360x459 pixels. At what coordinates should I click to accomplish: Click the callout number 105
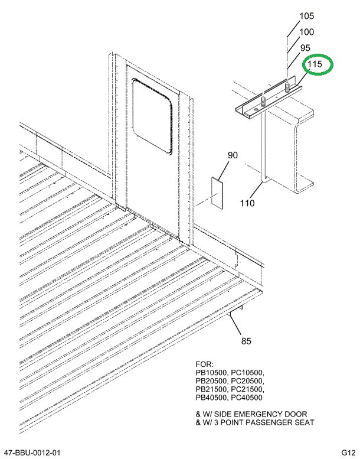[x=306, y=16]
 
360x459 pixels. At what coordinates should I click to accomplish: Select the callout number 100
[x=306, y=32]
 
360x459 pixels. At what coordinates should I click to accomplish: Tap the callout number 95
[x=305, y=48]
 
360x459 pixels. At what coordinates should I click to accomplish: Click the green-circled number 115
[x=315, y=64]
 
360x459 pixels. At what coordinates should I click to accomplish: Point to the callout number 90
[x=233, y=155]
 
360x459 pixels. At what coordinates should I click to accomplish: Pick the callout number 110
[x=247, y=203]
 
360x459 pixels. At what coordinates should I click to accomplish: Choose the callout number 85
[x=246, y=341]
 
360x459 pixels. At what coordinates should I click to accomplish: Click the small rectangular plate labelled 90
[x=218, y=193]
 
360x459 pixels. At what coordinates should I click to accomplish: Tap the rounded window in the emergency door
[x=152, y=116]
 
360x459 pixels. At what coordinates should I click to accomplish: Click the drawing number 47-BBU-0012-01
[x=31, y=453]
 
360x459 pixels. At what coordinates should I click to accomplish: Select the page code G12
[x=348, y=453]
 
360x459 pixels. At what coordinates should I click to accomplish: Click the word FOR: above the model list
[x=205, y=364]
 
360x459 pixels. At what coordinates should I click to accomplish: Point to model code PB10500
[x=211, y=373]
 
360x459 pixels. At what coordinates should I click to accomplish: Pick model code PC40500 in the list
[x=247, y=398]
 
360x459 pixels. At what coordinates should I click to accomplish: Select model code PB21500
[x=211, y=389]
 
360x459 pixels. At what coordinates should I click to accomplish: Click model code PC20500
[x=247, y=381]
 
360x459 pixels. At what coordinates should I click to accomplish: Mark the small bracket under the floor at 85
[x=235, y=310]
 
